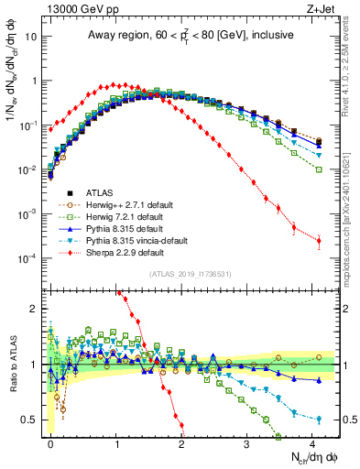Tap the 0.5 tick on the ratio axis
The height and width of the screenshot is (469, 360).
(30, 420)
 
